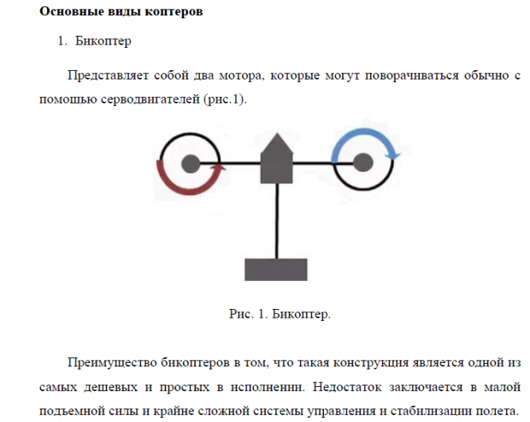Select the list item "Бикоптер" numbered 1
(104, 40)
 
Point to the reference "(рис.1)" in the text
(227, 100)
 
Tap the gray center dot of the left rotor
(190, 164)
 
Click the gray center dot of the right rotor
(363, 163)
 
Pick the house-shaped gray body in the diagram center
(277, 160)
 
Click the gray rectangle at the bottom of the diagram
(277, 269)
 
